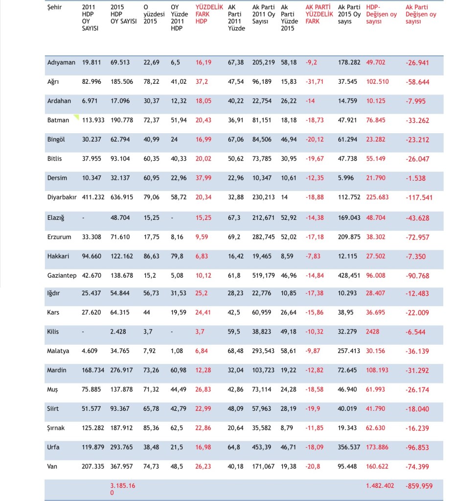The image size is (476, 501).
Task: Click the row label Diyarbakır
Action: [x=62, y=197]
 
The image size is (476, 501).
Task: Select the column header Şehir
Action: [x=55, y=7]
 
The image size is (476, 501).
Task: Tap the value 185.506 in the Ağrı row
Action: [x=122, y=81]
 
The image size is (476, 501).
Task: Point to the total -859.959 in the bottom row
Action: [x=419, y=486]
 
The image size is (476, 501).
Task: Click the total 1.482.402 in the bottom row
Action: [x=380, y=486]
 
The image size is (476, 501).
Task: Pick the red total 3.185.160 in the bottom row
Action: [x=123, y=489]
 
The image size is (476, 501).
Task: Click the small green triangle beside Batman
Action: [x=77, y=117]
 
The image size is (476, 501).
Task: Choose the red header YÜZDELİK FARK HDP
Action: [x=209, y=14]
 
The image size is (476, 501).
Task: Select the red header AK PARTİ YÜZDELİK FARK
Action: [x=319, y=14]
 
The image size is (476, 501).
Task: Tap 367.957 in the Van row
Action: [x=121, y=467]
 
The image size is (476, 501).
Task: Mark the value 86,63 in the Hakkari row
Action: [x=151, y=256]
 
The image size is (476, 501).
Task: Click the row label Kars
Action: [x=53, y=312]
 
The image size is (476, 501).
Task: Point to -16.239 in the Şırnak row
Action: [x=417, y=428]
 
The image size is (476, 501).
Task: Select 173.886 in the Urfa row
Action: [x=377, y=447]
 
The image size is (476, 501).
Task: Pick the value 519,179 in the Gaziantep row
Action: [x=263, y=275]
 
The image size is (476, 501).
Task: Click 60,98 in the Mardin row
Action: [x=179, y=370]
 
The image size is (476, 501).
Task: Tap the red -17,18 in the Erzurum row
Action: [x=315, y=237]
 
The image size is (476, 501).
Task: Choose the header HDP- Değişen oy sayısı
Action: [x=381, y=14]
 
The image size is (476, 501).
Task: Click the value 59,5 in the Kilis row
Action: [x=234, y=332]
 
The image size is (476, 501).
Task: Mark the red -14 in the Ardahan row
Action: [x=310, y=101]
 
